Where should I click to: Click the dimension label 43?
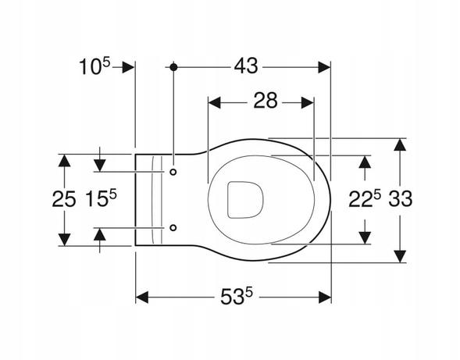click(x=246, y=66)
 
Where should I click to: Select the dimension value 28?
click(x=266, y=101)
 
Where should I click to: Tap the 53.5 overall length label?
click(x=237, y=296)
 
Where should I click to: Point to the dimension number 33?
click(x=401, y=198)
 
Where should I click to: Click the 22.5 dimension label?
click(x=365, y=198)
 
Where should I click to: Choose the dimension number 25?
click(x=64, y=199)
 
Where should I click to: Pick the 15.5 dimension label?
click(x=101, y=198)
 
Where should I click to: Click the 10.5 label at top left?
click(x=94, y=66)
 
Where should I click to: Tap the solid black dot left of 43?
click(x=173, y=67)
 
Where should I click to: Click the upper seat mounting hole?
click(x=173, y=172)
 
